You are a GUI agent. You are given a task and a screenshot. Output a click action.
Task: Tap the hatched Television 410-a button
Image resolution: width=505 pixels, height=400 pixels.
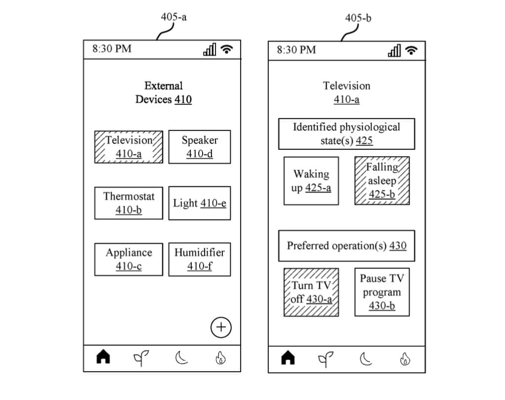[x=128, y=147]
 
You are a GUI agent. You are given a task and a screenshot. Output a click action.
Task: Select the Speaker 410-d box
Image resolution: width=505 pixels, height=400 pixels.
[x=200, y=147]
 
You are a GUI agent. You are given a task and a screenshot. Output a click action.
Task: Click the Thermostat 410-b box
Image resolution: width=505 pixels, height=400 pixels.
[x=128, y=203]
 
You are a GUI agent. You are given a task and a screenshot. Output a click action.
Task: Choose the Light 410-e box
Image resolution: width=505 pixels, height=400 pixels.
[x=200, y=203]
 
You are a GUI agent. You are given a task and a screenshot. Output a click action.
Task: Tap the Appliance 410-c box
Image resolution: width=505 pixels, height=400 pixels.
[x=128, y=259]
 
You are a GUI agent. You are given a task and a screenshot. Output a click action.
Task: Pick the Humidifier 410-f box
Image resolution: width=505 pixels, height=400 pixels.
[x=200, y=259]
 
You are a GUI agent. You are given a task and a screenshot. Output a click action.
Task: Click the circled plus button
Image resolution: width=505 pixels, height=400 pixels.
[x=221, y=327]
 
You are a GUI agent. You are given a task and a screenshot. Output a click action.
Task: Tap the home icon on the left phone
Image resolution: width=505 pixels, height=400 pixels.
[x=103, y=357]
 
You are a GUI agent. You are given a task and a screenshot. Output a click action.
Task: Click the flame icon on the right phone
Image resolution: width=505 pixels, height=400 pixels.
[x=405, y=358]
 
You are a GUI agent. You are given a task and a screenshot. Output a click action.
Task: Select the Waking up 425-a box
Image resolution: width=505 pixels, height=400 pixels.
[x=311, y=181]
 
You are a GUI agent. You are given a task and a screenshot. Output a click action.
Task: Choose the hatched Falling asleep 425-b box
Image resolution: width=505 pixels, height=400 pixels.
[x=382, y=181]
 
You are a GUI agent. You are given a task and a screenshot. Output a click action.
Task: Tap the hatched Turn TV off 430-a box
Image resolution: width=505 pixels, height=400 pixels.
[x=311, y=292]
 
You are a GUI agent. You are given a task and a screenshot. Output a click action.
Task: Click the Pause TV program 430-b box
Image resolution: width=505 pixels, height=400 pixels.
[x=382, y=292]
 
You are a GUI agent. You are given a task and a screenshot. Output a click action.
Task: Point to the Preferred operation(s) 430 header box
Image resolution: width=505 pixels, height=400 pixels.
[x=346, y=246]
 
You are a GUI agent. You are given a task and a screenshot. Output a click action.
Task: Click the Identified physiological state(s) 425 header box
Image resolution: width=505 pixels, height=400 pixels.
[x=346, y=133]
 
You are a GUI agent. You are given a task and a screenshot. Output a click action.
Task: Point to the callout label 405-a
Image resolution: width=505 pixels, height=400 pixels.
[x=173, y=17]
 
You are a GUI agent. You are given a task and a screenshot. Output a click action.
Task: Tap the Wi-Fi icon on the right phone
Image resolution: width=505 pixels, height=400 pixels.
[x=411, y=50]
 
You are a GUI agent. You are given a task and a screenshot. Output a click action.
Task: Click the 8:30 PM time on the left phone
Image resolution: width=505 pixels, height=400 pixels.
[x=112, y=48]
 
